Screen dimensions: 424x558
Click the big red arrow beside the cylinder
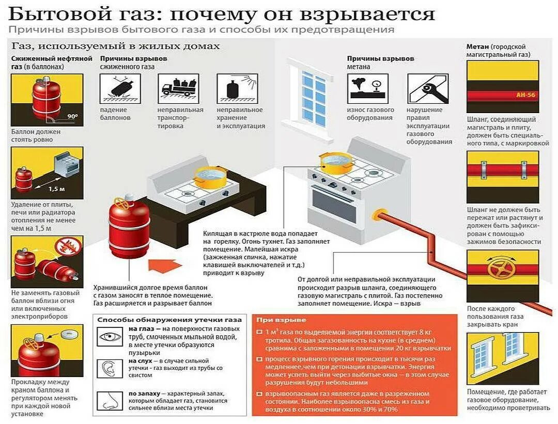(165, 265)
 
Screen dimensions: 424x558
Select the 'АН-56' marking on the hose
(526, 96)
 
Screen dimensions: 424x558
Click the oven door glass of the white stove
(334, 203)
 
